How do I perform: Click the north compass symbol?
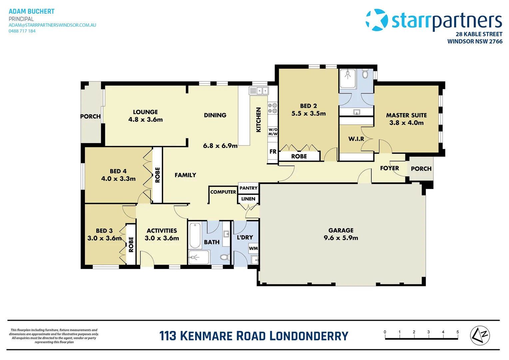click(480, 335)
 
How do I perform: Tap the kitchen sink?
click(259, 90)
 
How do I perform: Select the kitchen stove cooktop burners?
click(272, 108)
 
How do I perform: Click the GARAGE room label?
click(341, 230)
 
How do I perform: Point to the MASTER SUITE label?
click(406, 115)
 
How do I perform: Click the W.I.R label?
click(356, 139)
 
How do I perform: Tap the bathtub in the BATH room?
click(195, 235)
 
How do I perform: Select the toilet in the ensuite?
click(365, 74)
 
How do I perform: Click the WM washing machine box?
click(253, 248)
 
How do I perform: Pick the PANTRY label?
click(249, 188)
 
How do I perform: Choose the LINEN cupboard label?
click(248, 199)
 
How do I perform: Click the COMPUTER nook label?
click(223, 192)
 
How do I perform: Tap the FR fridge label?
click(273, 152)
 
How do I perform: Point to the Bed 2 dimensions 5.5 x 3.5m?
click(308, 113)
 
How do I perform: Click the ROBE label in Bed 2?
click(299, 156)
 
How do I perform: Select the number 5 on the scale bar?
click(457, 332)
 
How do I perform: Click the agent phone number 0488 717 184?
click(22, 31)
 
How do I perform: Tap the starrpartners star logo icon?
click(377, 20)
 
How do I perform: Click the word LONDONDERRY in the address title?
click(308, 336)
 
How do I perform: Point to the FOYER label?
click(389, 168)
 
